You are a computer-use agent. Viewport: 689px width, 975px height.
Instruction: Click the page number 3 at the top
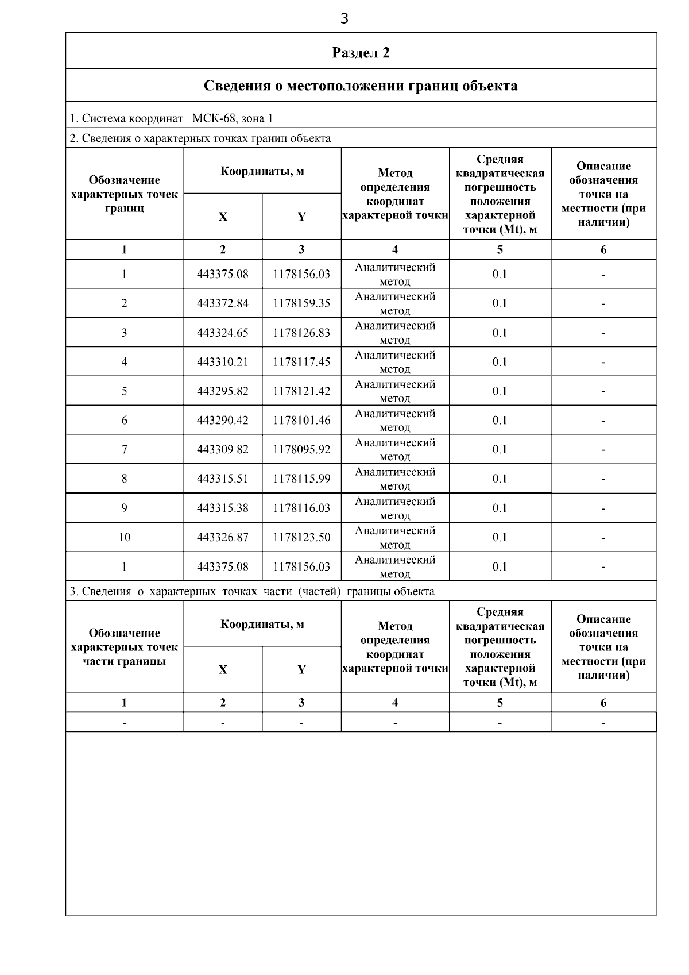click(344, 19)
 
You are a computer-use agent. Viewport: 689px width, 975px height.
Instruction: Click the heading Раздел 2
click(361, 53)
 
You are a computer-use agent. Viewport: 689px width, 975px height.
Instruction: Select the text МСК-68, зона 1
click(233, 118)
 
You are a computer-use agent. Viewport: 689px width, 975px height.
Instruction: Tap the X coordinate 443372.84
click(223, 303)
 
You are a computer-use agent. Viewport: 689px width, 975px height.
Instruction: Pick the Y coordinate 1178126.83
click(301, 333)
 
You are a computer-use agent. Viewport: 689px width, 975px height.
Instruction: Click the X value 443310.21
click(223, 362)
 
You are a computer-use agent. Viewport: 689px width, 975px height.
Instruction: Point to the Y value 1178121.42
click(301, 391)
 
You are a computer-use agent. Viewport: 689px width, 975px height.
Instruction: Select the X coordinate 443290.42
click(223, 421)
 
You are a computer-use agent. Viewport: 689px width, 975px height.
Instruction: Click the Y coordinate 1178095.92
click(301, 449)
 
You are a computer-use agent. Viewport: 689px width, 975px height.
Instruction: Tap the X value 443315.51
click(223, 479)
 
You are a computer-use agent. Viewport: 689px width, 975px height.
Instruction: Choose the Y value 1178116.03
click(301, 508)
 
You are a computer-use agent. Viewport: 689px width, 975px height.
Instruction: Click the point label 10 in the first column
click(125, 537)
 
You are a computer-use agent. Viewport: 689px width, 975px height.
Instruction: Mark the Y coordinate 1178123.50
click(301, 537)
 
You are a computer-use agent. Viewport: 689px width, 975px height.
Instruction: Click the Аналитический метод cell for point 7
click(395, 449)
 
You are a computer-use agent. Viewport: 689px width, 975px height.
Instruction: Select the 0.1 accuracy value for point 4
click(500, 362)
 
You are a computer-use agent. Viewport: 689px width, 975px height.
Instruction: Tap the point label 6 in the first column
click(125, 421)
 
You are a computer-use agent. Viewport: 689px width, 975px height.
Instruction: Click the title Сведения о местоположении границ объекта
click(361, 86)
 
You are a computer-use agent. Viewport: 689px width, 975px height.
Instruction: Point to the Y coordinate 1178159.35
click(301, 303)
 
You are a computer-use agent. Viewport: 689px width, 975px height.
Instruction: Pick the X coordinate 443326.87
click(223, 537)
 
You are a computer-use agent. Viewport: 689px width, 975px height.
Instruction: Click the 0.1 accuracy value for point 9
click(500, 508)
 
